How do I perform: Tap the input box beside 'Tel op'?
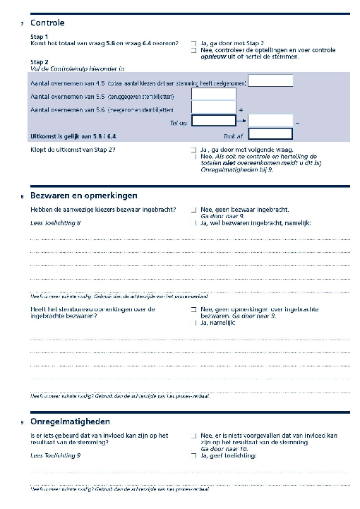pos(212,121)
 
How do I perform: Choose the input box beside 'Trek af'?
pos(270,133)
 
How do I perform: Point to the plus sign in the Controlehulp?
pos(241,110)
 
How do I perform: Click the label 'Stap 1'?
pos(40,36)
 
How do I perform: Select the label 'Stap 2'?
pos(40,61)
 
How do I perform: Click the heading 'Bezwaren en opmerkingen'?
pos(83,195)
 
